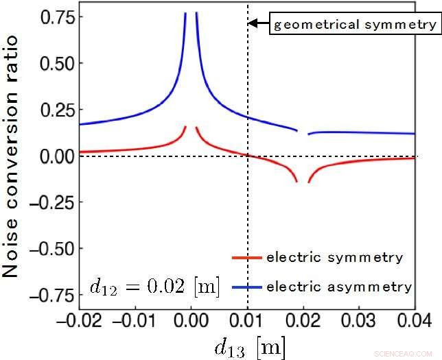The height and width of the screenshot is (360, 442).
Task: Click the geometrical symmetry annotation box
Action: pos(354,25)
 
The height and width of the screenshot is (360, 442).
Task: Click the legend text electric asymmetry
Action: pos(338,286)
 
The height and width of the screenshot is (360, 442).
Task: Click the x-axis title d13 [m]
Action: pos(249,346)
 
